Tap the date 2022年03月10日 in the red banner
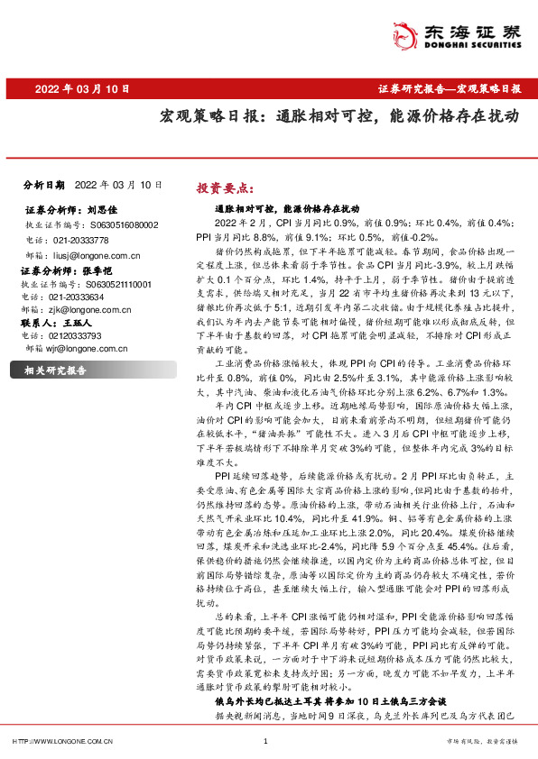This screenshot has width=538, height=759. pyautogui.click(x=82, y=89)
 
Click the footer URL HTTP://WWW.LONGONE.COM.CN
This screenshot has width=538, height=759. pyautogui.click(x=61, y=741)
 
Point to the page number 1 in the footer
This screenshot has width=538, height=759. pyautogui.click(x=266, y=741)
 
